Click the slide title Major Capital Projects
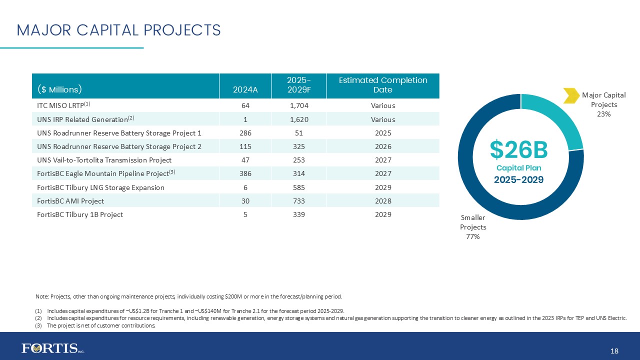118,30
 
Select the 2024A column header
245,90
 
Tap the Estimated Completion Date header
382,85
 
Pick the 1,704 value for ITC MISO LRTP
299,105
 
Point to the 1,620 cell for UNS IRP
299,119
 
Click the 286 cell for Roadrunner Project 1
245,133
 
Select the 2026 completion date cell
383,146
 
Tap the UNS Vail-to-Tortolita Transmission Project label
104,160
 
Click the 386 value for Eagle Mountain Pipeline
245,173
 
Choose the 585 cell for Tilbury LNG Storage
299,187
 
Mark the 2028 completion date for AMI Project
383,201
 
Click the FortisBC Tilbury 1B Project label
80,214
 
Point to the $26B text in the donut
518,149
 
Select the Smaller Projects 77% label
473,227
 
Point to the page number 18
614,351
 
